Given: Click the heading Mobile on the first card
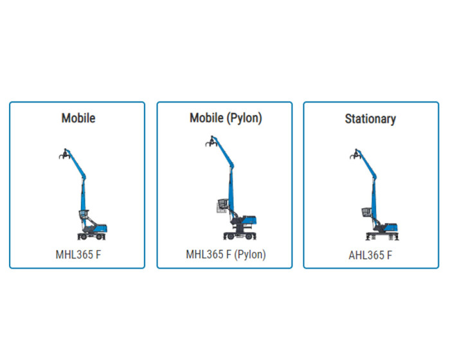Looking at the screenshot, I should pyautogui.click(x=78, y=118).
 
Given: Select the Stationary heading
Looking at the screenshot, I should pyautogui.click(x=370, y=119).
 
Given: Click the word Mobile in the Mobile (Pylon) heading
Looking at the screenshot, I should pyautogui.click(x=206, y=118).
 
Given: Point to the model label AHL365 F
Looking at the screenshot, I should pyautogui.click(x=370, y=255).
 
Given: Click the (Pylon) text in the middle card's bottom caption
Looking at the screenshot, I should pyautogui.click(x=250, y=254).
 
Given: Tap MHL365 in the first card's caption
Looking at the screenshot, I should pyautogui.click(x=73, y=254).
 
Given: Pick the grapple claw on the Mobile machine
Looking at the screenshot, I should pyautogui.click(x=62, y=154).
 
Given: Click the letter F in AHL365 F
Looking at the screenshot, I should pyautogui.click(x=390, y=255).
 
